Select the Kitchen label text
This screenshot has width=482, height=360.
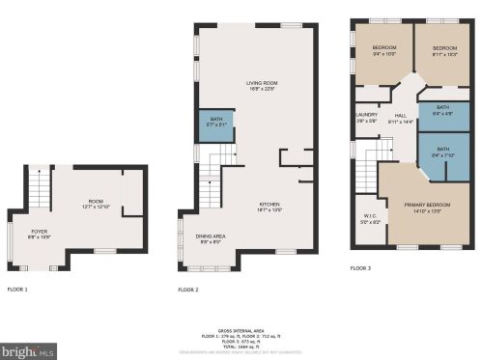[x=269, y=207]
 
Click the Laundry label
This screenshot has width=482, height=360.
[x=366, y=117]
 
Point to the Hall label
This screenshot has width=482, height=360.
[x=400, y=119]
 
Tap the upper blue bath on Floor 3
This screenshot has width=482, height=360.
[x=443, y=110]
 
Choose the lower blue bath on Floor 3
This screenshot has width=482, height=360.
[x=443, y=152]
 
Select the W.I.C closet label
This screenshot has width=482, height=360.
[x=370, y=219]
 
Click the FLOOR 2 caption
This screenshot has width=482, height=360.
[x=188, y=290]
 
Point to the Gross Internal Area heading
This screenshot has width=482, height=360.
[x=241, y=329]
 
